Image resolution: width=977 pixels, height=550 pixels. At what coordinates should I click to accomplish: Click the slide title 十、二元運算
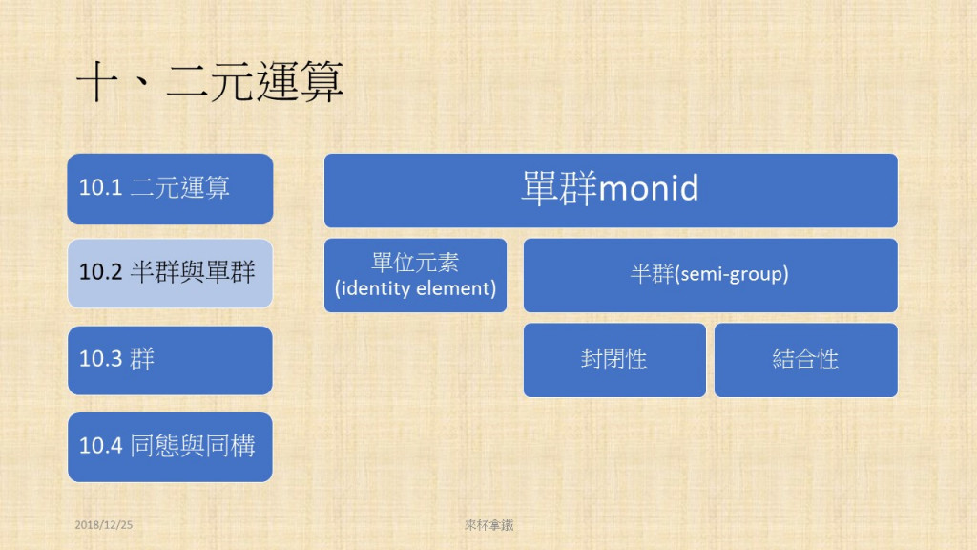[209, 81]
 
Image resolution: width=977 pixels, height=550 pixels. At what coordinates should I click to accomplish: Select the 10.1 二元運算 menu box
[170, 189]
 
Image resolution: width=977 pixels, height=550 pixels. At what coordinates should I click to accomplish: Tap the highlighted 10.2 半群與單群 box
[170, 273]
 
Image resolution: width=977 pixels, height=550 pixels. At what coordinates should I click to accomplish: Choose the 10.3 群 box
[170, 360]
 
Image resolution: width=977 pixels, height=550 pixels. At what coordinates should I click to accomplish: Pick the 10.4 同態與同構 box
[170, 447]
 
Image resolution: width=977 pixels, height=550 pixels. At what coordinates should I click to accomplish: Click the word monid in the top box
[649, 188]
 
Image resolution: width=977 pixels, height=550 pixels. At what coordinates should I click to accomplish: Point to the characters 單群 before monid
[559, 188]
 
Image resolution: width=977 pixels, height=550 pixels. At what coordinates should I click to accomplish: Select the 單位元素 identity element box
[416, 275]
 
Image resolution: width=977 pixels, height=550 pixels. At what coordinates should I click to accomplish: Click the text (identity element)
[416, 288]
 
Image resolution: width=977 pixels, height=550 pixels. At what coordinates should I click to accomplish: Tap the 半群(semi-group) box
[710, 275]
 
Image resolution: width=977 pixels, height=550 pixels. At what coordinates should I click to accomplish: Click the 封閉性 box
[615, 360]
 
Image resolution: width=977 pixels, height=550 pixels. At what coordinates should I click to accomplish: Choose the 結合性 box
[806, 360]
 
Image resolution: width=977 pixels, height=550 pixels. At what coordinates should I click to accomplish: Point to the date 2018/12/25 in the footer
[103, 525]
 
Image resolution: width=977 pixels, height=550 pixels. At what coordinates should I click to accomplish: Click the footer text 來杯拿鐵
[489, 525]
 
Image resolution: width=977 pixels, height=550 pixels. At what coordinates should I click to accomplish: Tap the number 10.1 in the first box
[100, 187]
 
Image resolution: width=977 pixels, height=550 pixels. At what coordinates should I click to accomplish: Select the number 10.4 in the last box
[100, 445]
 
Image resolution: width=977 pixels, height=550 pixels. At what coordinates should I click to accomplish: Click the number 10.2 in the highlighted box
[100, 272]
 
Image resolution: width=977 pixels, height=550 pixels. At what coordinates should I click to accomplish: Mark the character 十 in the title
[96, 82]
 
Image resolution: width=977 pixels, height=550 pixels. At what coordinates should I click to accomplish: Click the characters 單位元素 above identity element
[416, 262]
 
